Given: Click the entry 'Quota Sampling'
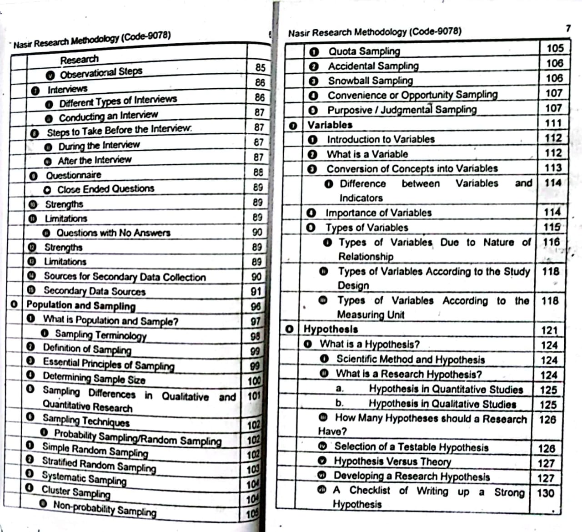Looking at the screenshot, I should pos(364,51).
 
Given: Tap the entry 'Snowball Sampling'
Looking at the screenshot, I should pos(370,81).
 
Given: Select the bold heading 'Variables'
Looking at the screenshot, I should pos(330,125).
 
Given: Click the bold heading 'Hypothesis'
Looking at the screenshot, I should pos(331,329).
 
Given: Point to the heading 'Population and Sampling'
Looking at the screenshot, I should pos(81,305).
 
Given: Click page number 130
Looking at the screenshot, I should pos(545,493).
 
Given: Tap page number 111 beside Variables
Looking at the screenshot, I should pos(553,123).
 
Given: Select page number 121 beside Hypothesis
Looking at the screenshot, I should pos(549,330).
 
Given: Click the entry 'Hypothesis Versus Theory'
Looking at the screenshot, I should pos(392,461).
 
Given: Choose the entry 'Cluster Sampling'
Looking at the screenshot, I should pos(76,492).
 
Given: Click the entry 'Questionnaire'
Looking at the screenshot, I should pos(73,175).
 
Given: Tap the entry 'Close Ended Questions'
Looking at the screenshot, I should pos(105,189).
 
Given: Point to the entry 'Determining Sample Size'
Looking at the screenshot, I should pos(94,378).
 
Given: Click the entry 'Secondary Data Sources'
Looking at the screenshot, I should pos(94,291).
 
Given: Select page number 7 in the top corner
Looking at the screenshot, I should pos(568,28).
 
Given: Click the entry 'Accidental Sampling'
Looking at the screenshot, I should pos(373,66).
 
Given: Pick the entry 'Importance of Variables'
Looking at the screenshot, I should pos(378,213).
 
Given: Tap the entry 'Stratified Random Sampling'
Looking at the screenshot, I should pos(99,464).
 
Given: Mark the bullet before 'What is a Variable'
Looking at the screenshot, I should pos(312,154).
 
